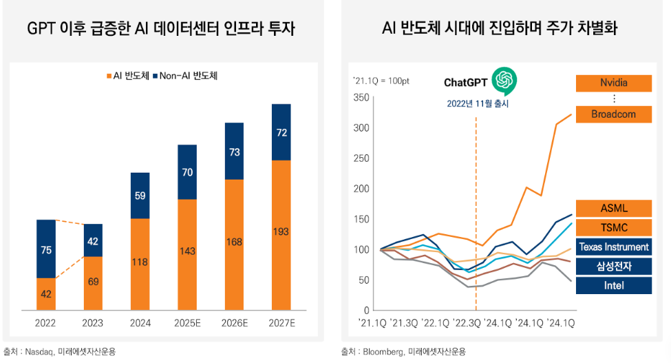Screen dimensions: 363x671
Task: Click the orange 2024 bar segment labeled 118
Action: pos(140,262)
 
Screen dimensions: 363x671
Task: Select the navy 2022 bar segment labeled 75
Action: pos(46,249)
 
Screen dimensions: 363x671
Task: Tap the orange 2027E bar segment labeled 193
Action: pos(281,232)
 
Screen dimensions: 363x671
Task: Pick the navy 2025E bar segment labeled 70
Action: pos(187,172)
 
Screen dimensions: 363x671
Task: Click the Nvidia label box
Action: pos(613,83)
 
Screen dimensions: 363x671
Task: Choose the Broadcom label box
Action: pos(613,114)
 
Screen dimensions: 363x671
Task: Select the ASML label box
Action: pos(613,208)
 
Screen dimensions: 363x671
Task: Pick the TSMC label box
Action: pos(613,227)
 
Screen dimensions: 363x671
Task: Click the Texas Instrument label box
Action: pos(613,247)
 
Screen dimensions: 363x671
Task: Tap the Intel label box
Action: pos(613,285)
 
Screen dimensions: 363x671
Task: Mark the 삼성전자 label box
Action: pos(613,266)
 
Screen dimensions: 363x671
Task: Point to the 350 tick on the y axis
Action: pos(361,97)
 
